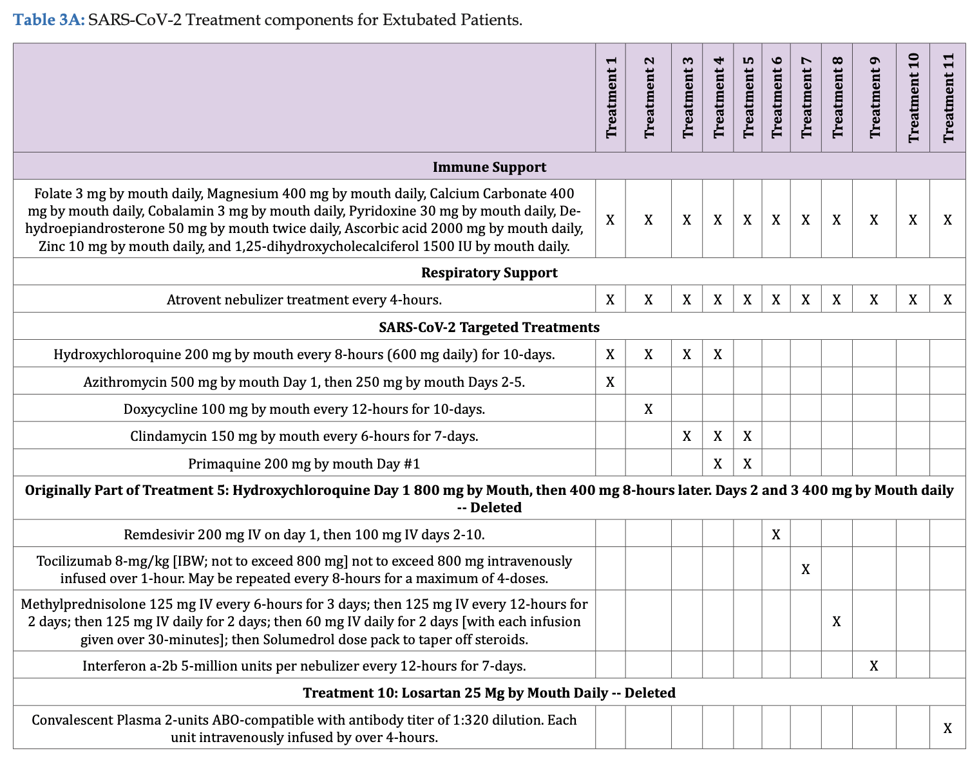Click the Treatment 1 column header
coord(611,98)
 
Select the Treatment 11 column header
coord(947,98)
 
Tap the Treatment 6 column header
coord(776,98)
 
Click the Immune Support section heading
coord(489,167)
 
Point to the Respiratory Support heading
coord(489,273)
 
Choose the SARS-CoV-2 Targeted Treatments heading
coord(489,328)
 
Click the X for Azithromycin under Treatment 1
coord(611,382)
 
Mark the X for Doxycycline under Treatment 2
coord(649,409)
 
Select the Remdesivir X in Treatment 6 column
coord(776,535)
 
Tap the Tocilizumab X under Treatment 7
coord(805,570)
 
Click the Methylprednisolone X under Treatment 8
coord(837,622)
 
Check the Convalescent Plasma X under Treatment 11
coord(947,729)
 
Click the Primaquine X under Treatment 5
coord(747,464)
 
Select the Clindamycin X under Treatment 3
coord(687,436)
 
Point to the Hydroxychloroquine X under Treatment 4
coord(718,355)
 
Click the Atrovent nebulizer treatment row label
coord(304,300)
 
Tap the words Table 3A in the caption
coord(49,20)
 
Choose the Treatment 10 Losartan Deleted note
coord(489,693)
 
